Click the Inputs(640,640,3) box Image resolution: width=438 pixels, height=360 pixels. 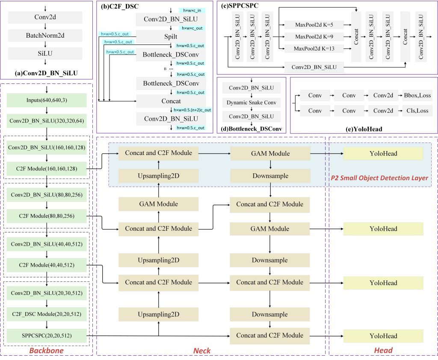coord(47,101)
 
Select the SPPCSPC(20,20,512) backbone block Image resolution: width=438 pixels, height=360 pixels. coord(47,336)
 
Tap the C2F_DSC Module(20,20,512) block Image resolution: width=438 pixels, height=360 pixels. coord(47,314)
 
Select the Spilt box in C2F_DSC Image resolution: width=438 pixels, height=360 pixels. coord(171,37)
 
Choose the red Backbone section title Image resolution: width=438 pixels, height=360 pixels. coord(46,351)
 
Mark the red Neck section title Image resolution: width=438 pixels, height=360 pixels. coord(202,351)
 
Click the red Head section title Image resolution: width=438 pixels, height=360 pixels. coord(383,350)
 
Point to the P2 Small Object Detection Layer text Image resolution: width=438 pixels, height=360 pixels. coord(379,178)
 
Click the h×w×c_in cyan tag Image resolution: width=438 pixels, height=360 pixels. coord(192,10)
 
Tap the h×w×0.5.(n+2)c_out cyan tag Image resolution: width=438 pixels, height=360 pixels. coord(192,110)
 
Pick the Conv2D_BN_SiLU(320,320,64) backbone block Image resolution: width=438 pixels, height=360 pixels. coord(47,121)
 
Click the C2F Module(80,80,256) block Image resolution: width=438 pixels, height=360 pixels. coord(47,216)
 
